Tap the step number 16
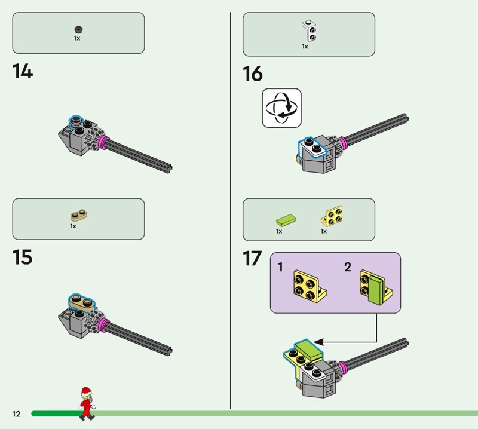click(x=252, y=74)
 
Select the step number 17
click(x=252, y=259)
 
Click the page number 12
click(x=16, y=413)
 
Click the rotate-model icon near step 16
click(x=281, y=108)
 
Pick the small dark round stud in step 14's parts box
click(x=77, y=29)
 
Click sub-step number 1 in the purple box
click(x=280, y=268)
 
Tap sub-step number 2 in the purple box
click(x=348, y=268)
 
